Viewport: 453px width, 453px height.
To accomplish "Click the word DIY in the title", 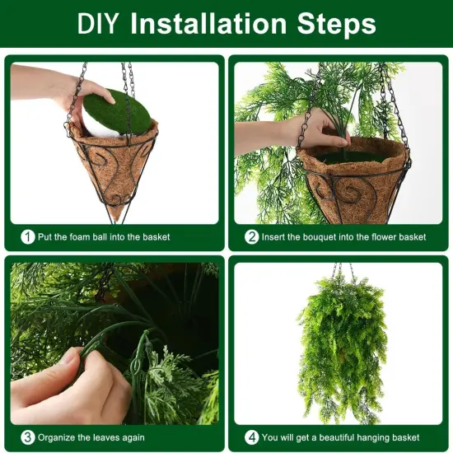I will tap(100, 23).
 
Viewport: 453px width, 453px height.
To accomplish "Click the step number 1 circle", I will tap(27, 237).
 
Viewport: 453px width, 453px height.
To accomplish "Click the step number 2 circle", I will tap(251, 237).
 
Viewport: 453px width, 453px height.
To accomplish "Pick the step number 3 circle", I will tap(27, 437).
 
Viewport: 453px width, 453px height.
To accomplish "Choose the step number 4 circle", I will tap(251, 437).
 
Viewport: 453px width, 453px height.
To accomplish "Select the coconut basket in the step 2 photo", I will tap(354, 181).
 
